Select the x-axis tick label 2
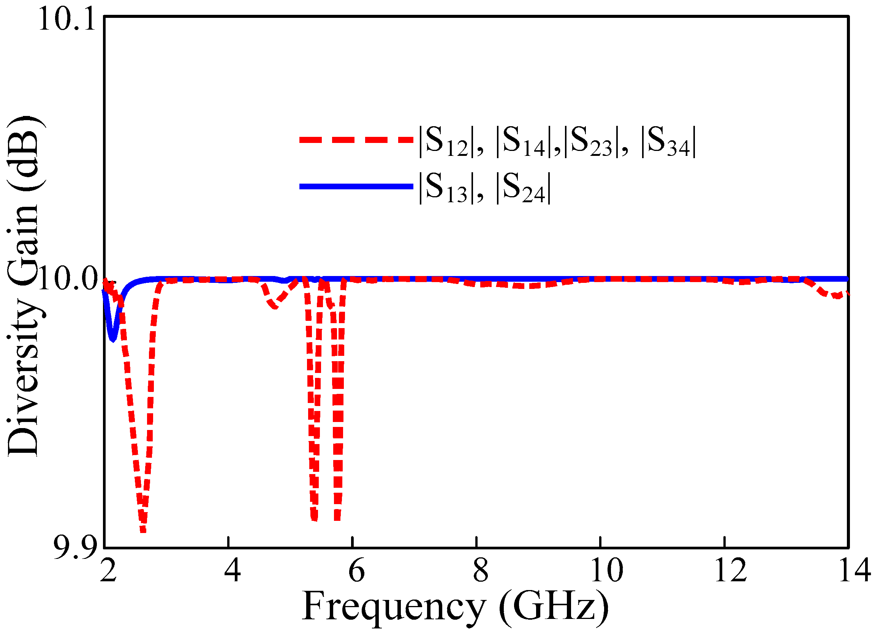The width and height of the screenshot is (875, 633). (x=108, y=571)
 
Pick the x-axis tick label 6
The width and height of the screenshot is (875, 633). (x=356, y=571)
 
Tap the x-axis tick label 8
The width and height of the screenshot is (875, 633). (x=480, y=571)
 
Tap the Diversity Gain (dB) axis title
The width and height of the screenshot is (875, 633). (x=23, y=286)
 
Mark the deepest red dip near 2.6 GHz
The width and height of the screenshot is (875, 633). (x=143, y=531)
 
